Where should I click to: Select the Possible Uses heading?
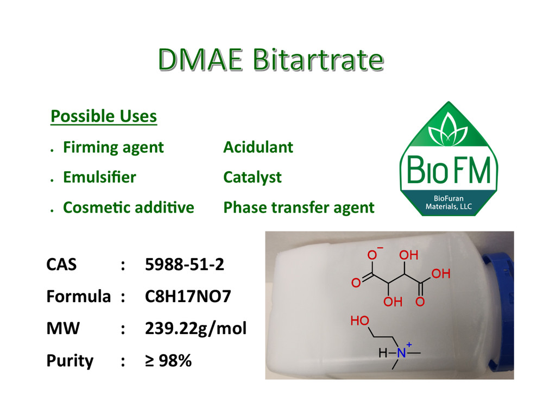coord(104,116)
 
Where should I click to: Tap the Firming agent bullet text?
coord(113,147)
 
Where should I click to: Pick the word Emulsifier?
coord(99,177)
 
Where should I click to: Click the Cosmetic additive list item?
coord(128,208)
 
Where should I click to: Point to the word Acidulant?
coord(258,147)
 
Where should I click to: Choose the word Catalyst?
coord(252,177)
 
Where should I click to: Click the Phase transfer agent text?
coord(299,208)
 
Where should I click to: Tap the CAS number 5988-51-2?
coord(185,265)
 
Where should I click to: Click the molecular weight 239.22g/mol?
coord(196,329)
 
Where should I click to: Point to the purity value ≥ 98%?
coord(168,360)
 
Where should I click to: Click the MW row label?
coord(62,329)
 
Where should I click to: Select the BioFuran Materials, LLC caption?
coord(449,203)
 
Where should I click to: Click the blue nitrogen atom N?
coord(401,353)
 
